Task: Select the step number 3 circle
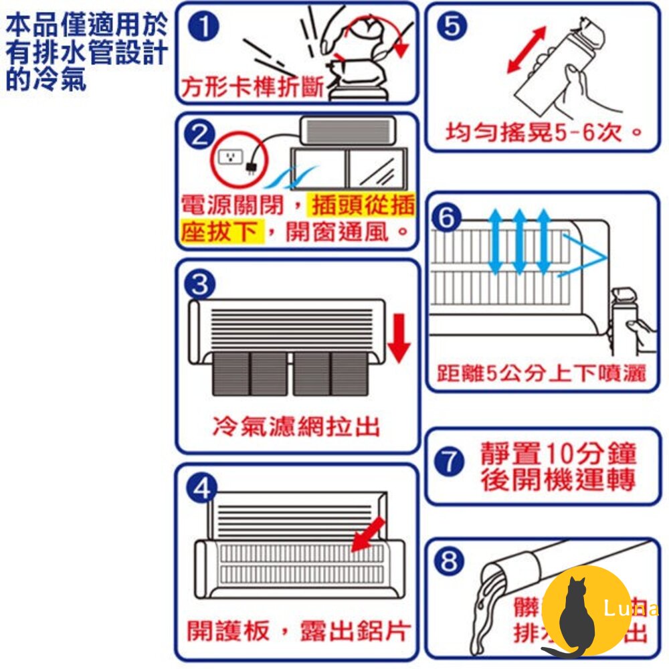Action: coord(199,285)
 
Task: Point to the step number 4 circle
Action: coord(200,489)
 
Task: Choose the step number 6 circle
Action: coord(449,217)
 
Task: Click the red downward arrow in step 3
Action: coord(399,341)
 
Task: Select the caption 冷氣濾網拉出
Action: coord(295,426)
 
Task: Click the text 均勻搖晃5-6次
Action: coord(542,132)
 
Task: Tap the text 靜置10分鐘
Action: coord(559,455)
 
